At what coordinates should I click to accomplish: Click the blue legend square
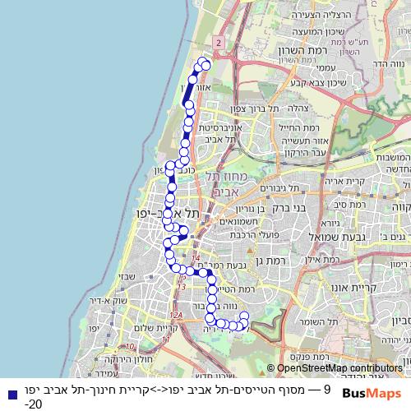click(x=7, y=390)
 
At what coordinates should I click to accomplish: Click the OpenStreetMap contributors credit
click(x=338, y=368)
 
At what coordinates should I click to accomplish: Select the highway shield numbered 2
click(x=218, y=41)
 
